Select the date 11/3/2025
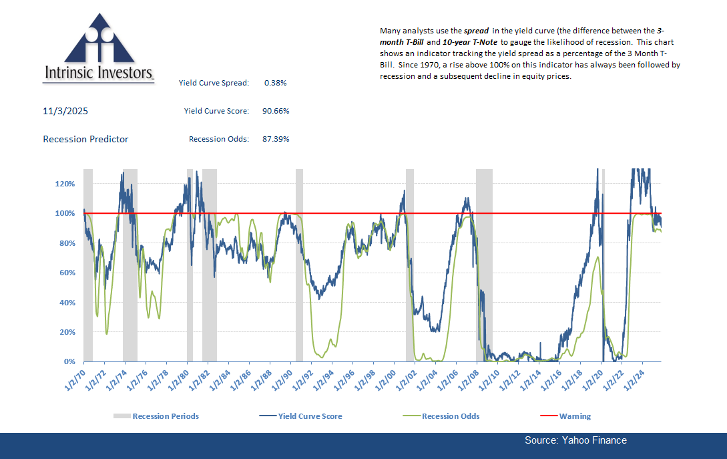(x=65, y=110)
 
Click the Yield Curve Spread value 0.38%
(x=275, y=83)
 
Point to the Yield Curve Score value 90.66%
(x=275, y=111)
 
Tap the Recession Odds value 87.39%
(x=275, y=139)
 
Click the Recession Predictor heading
(x=85, y=139)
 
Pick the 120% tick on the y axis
(x=69, y=184)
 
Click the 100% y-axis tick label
(x=69, y=213)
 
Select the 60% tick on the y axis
(x=70, y=273)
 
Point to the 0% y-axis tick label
(x=72, y=361)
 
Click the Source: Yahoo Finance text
(x=575, y=440)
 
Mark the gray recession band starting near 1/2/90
(x=299, y=267)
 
